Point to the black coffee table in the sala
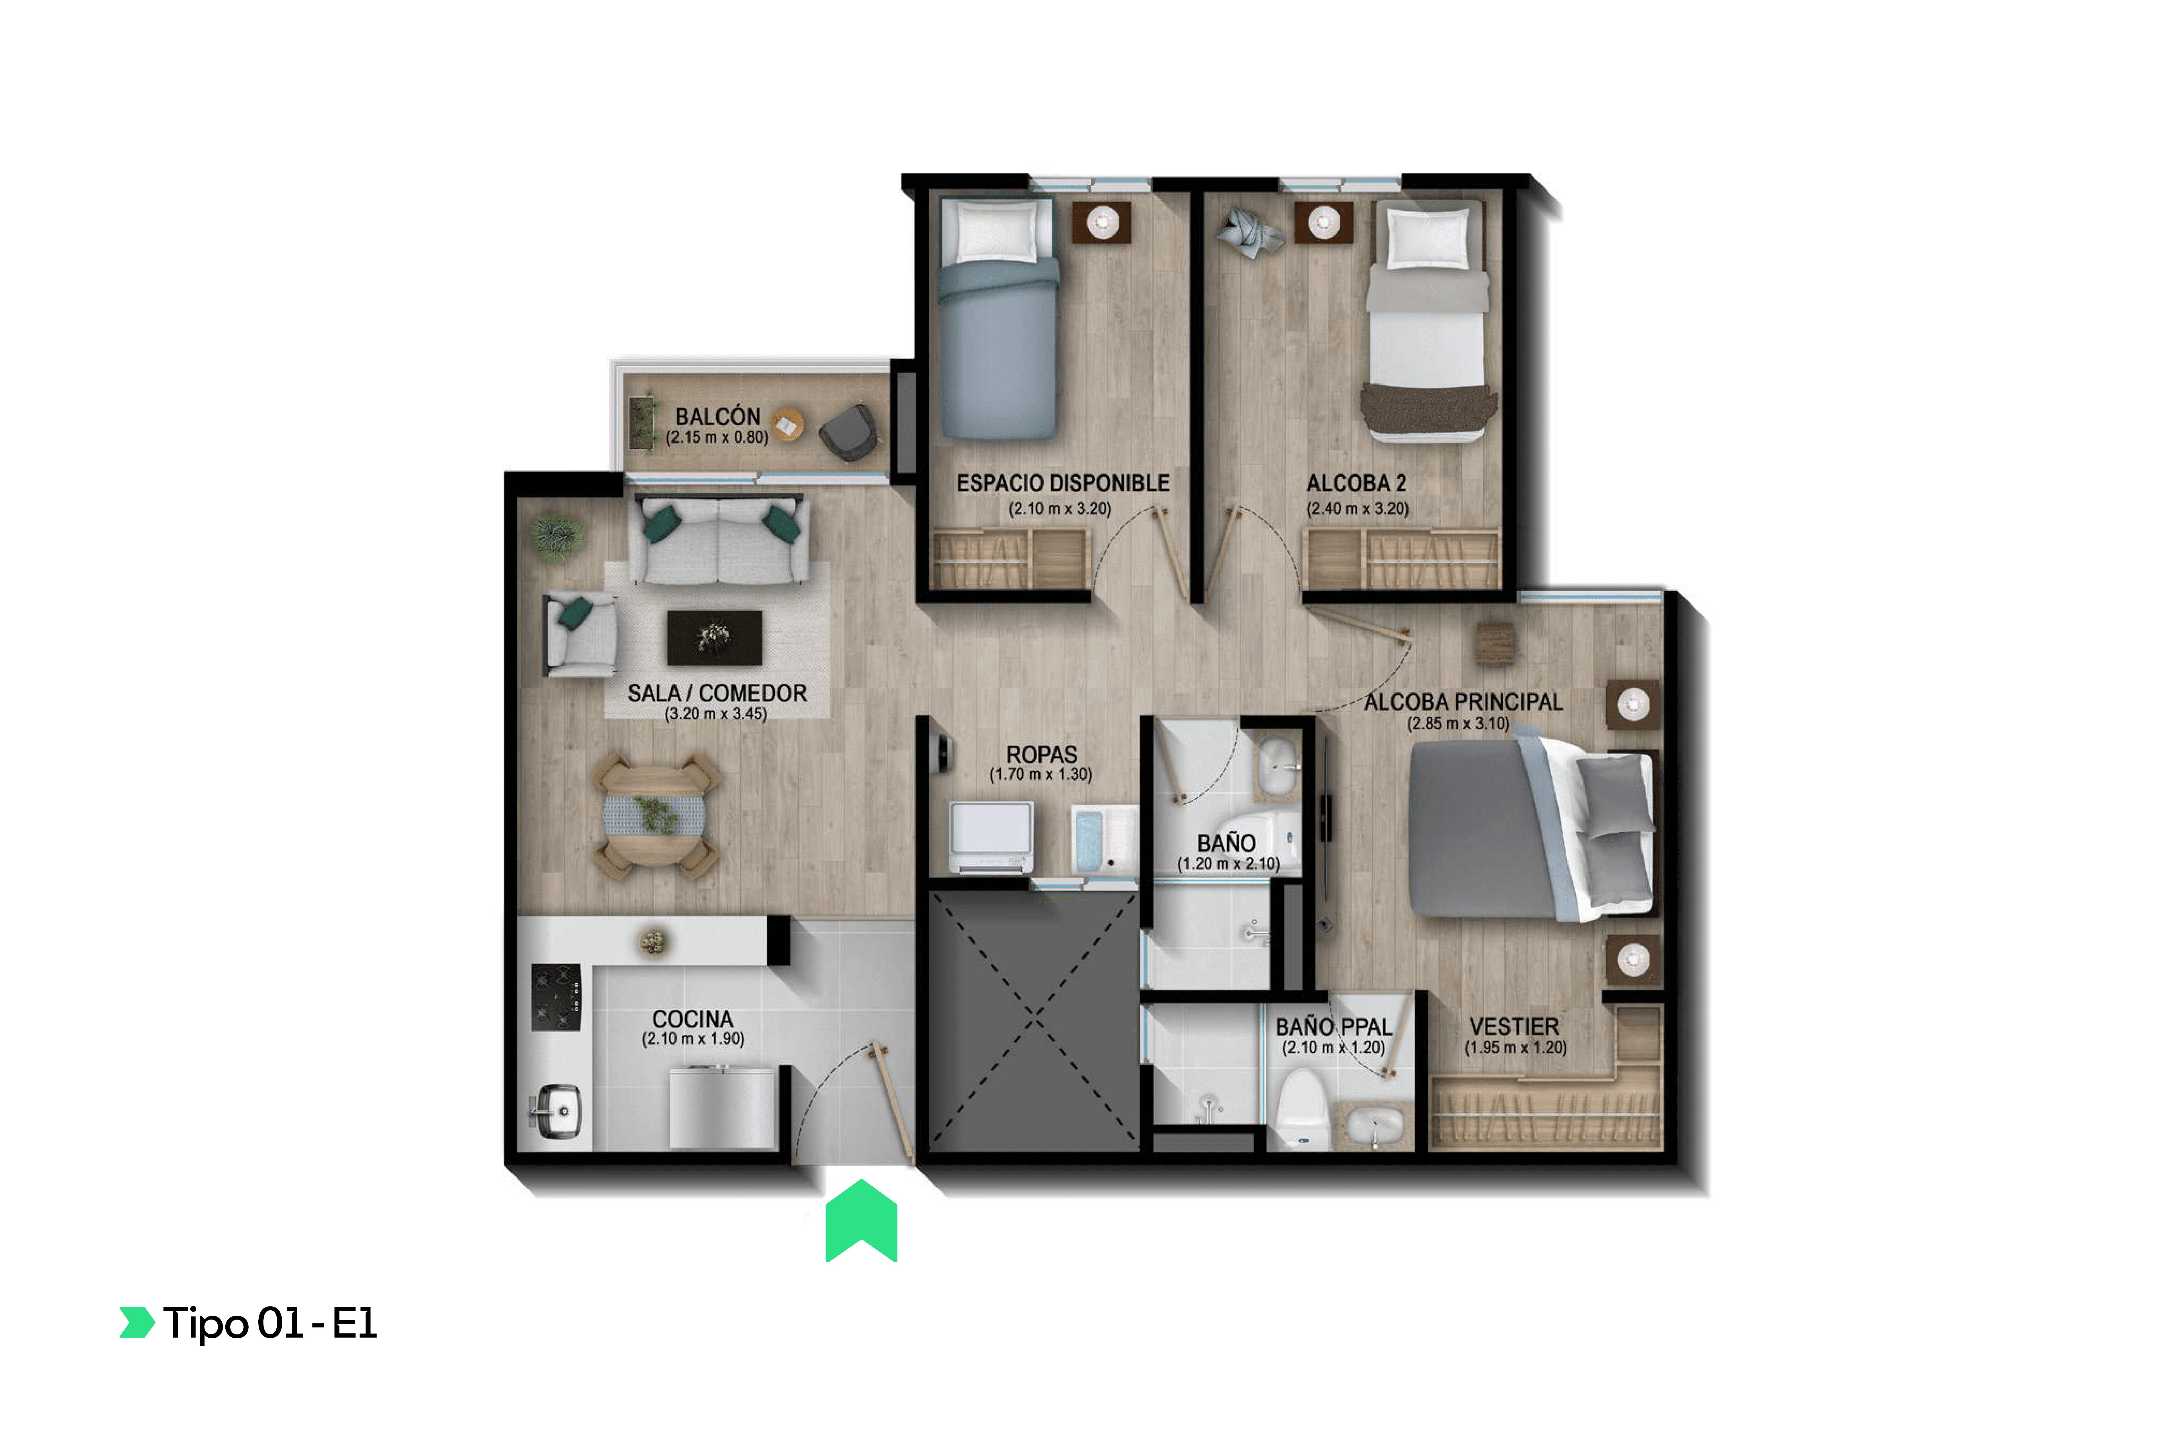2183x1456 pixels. click(714, 637)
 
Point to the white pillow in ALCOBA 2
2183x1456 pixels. click(1427, 237)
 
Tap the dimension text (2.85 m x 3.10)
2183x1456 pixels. click(1457, 723)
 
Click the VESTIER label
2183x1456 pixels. click(1514, 1026)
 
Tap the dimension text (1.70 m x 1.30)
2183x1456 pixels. click(1040, 774)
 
